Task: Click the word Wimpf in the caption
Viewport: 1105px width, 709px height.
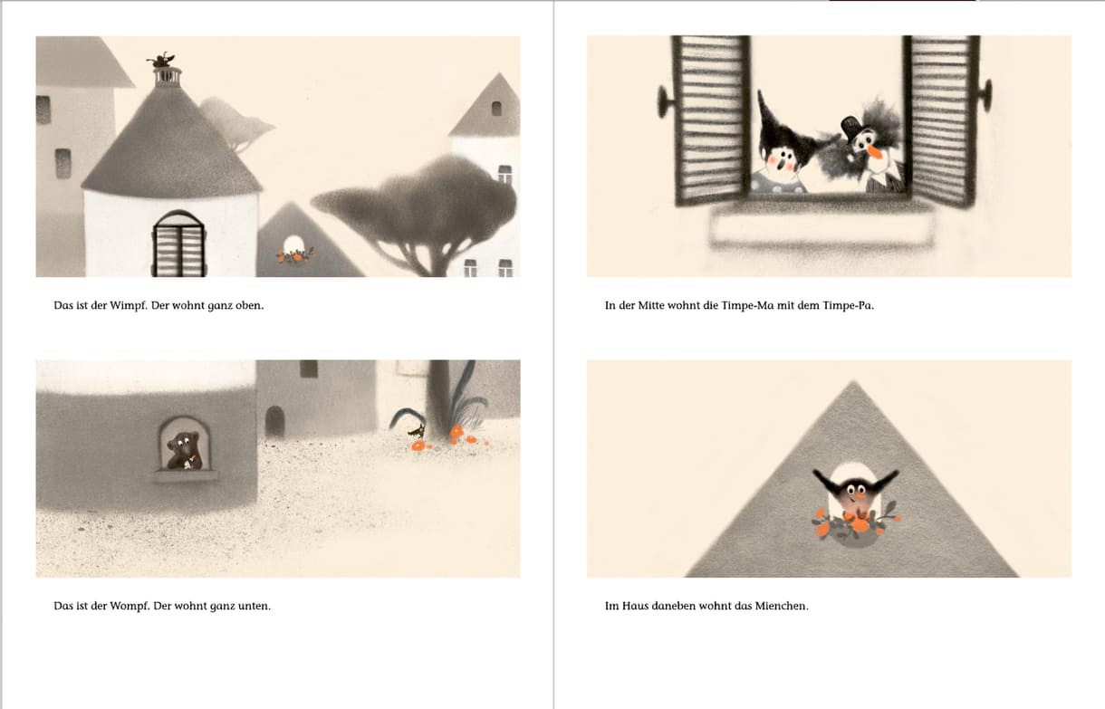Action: [129, 306]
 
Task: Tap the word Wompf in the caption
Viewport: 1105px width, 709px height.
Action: [130, 606]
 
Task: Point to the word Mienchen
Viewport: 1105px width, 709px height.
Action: [782, 606]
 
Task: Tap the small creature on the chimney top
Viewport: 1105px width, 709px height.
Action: [161, 60]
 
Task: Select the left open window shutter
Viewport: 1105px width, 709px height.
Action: [710, 120]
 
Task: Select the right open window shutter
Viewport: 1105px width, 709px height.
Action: [941, 120]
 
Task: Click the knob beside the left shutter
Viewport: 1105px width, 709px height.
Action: [665, 102]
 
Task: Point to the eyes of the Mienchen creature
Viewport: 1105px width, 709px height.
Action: [856, 490]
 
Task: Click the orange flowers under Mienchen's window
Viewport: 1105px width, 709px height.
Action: [855, 522]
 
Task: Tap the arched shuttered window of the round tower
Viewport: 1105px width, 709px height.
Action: [179, 244]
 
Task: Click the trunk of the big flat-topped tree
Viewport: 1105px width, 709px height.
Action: [434, 256]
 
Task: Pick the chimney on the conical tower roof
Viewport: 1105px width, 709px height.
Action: [168, 77]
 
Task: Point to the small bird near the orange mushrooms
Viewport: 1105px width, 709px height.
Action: [418, 431]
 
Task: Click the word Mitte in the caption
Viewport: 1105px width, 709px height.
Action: [651, 305]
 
